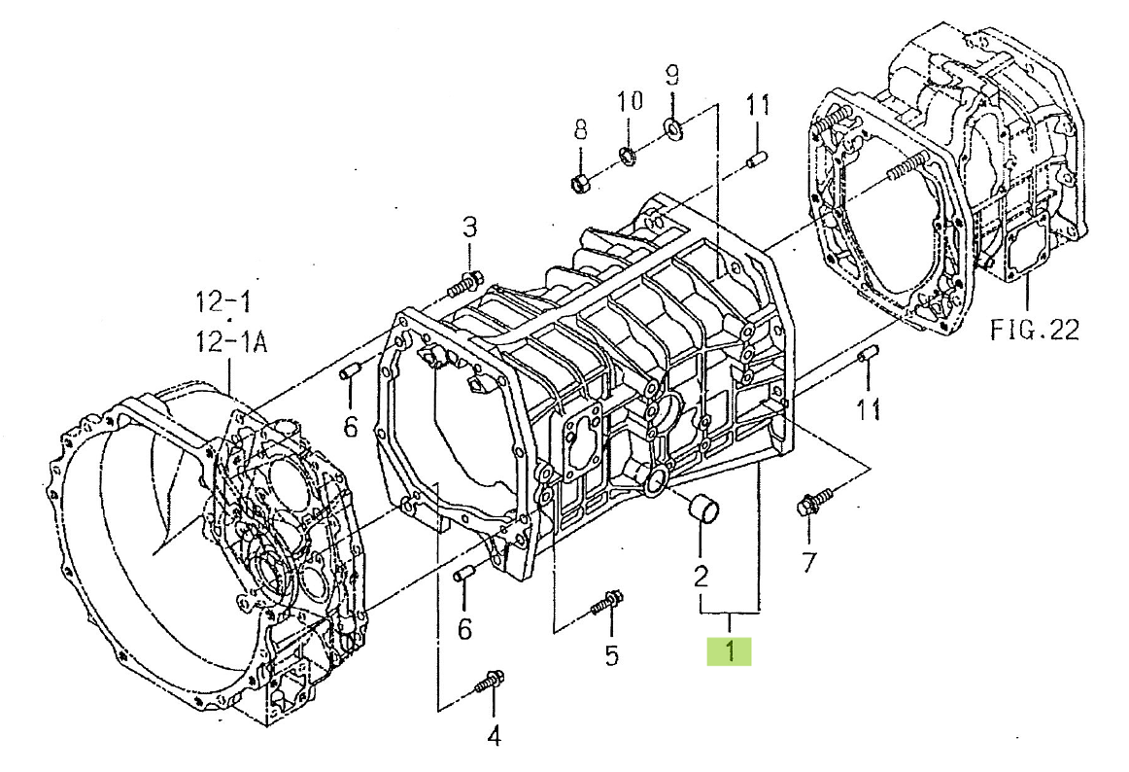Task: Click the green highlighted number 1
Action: pos(729,650)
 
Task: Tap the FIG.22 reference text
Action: pos(1036,330)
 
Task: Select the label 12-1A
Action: pos(231,341)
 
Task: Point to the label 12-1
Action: pos(222,301)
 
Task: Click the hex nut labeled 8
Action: pos(580,183)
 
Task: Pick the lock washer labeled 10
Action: pos(627,154)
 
